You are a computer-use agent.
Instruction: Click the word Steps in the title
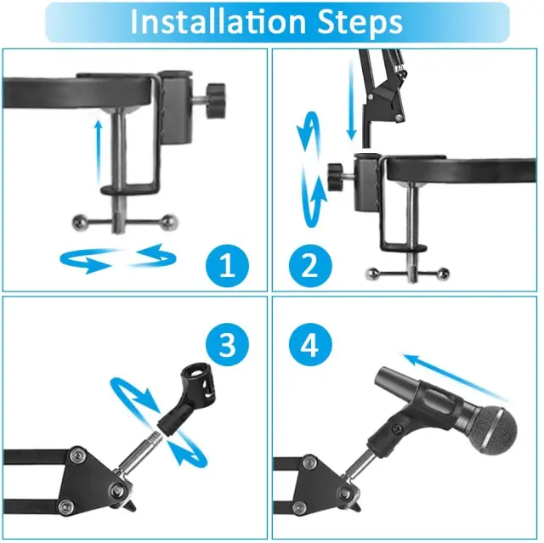[360, 23]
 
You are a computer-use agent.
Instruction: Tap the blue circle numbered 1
[227, 266]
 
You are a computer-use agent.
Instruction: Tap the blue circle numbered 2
[310, 266]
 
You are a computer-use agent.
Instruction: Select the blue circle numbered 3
[227, 345]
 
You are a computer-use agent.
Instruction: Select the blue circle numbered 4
[310, 345]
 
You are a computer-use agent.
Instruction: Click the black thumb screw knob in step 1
[215, 101]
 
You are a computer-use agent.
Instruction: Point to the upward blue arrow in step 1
[99, 151]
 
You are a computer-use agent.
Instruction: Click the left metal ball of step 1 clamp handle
[79, 223]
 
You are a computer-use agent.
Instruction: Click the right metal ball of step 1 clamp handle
[170, 222]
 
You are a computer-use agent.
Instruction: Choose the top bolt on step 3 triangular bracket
[76, 455]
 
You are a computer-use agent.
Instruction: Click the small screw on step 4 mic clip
[396, 430]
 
